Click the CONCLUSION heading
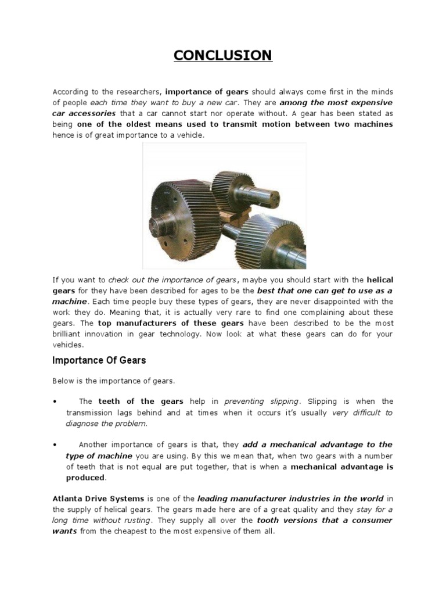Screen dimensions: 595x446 pos(223,56)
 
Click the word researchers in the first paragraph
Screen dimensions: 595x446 pos(139,92)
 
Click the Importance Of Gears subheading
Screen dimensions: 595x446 pos(99,360)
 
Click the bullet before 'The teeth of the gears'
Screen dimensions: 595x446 pos(54,402)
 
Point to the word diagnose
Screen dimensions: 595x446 pos(83,423)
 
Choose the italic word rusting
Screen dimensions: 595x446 pos(132,520)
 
